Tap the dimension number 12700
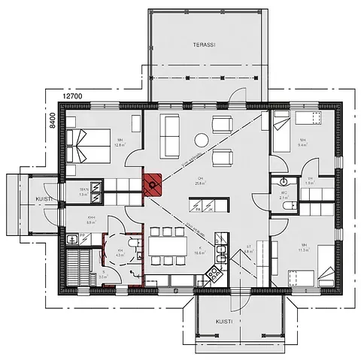[72, 97]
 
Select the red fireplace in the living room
[153, 183]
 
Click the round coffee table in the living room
[202, 140]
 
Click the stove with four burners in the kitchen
[213, 271]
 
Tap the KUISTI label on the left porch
[23, 198]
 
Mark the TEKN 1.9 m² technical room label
[83, 192]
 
